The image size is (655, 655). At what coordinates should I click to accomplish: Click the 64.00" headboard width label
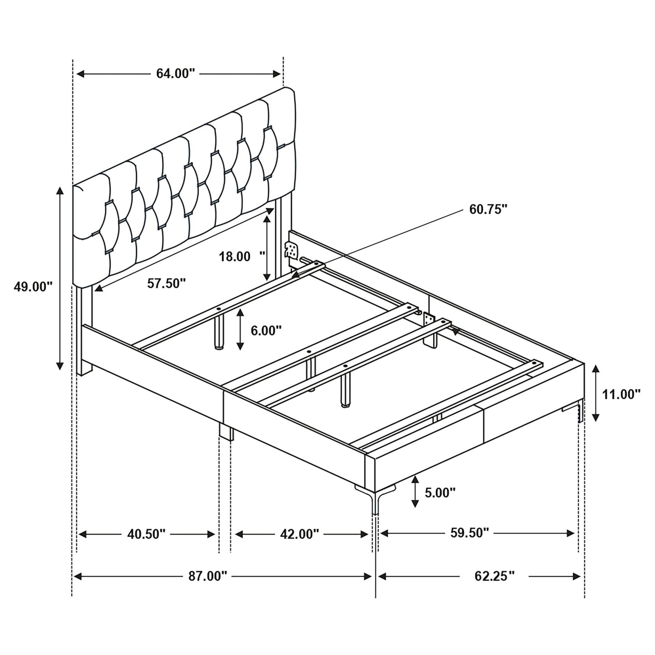point(175,74)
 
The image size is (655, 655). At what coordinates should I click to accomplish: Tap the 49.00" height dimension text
point(33,286)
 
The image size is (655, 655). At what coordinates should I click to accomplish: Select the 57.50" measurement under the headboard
point(166,284)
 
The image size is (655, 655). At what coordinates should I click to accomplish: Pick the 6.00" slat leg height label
point(266,330)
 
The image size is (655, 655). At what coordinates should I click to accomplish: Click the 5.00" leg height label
point(440,492)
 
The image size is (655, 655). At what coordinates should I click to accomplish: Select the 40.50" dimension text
point(146,534)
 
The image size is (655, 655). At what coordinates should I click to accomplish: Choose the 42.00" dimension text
point(300,534)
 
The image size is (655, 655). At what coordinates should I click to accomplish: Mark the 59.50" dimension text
point(470,532)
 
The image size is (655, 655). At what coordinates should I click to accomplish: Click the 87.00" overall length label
point(208,576)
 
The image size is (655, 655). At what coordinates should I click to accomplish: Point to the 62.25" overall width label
point(495,576)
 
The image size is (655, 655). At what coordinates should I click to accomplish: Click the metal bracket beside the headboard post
point(291,251)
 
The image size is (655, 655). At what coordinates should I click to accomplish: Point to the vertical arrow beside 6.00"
point(240,330)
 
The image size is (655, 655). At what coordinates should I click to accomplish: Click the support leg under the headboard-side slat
point(219,333)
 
